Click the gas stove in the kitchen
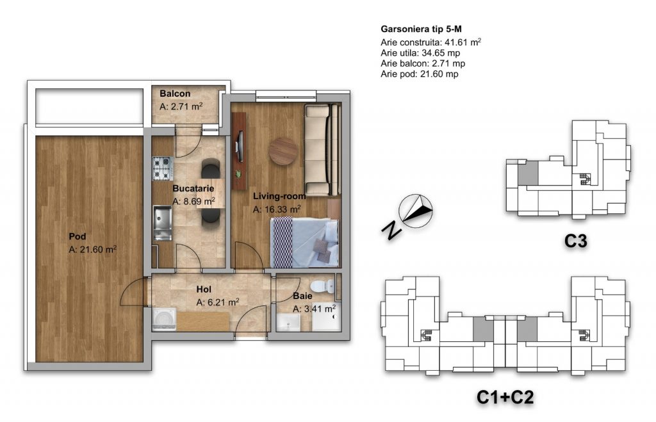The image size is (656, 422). pos(162,168)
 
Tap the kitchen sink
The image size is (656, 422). pos(162,223)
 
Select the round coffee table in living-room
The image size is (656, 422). pos(283,151)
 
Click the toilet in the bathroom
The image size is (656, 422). pos(324,285)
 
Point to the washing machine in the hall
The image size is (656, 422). pos(163,320)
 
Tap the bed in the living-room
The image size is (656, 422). pos(304,242)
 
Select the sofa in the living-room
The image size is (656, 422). pos(322,149)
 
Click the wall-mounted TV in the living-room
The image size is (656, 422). pos(240,147)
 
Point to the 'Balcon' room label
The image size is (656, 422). pos(175,93)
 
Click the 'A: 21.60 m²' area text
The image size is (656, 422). pos(92,250)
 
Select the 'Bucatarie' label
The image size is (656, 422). pos(193,189)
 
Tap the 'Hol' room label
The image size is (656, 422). pos(204,289)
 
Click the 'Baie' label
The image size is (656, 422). pos(302,296)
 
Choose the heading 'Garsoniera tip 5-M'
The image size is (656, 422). pos(422,29)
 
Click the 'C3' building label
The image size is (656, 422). pos(576,241)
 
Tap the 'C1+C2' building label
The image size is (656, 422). pos(505,397)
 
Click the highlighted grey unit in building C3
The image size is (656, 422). pos(528,173)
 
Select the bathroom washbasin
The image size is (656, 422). pos(289,322)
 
